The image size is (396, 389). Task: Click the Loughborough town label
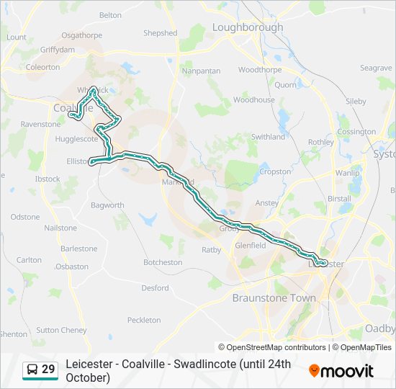click(x=248, y=27)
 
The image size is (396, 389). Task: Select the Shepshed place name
click(x=160, y=33)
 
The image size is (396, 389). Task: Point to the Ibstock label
click(x=48, y=179)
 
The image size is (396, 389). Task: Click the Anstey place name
click(x=266, y=203)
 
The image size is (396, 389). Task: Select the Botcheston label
click(x=163, y=262)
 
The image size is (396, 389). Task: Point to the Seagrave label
click(x=376, y=68)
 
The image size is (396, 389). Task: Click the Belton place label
click(x=110, y=15)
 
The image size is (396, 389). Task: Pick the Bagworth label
click(x=107, y=205)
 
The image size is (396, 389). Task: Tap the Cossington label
click(x=356, y=132)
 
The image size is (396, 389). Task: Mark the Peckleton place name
click(x=144, y=320)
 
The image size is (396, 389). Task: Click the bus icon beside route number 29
click(x=32, y=370)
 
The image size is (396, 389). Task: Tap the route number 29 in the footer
click(x=48, y=370)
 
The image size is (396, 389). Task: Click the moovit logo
click(x=341, y=371)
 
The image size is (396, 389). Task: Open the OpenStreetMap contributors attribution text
click(x=272, y=347)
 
